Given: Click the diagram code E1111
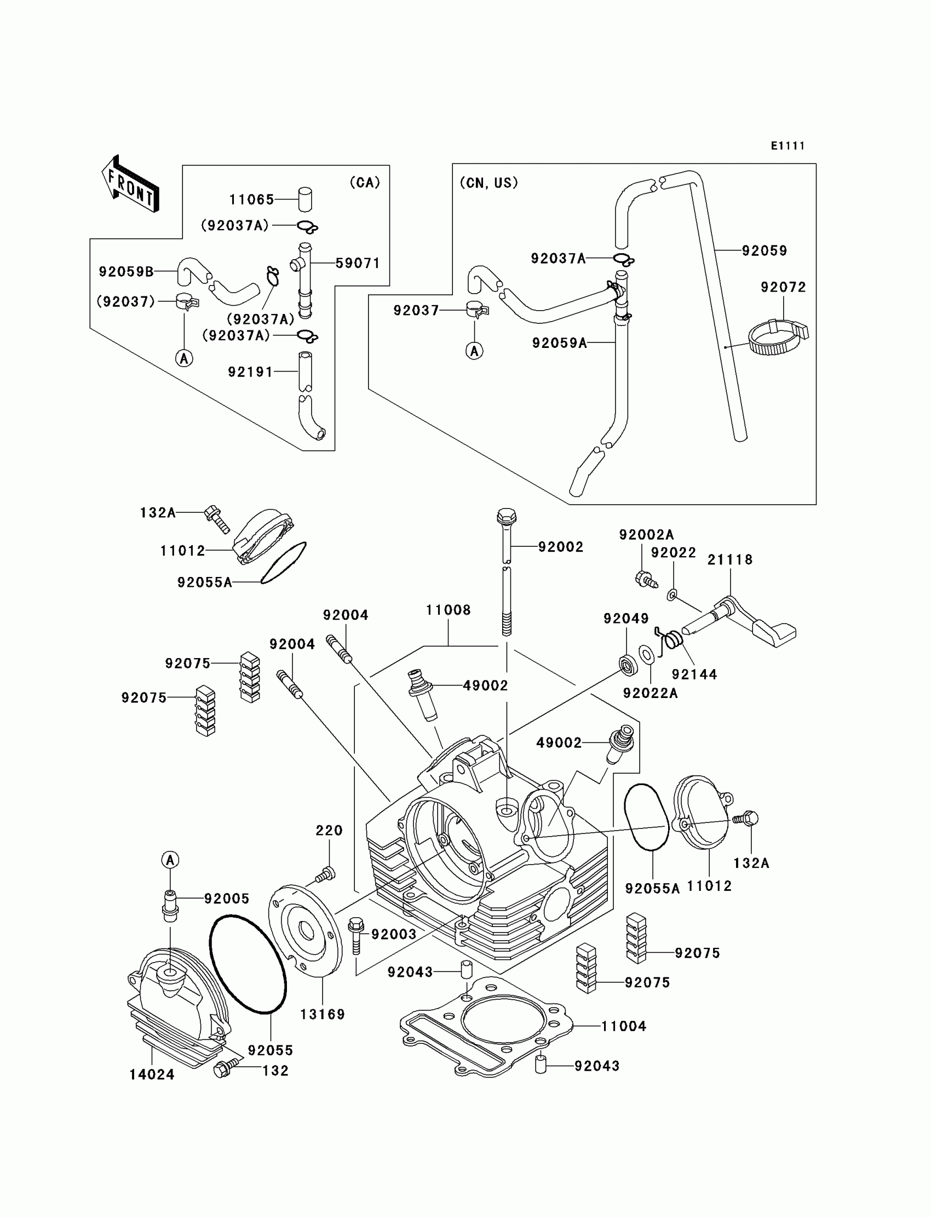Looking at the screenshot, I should pos(788,146).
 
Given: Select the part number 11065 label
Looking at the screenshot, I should pos(251,199).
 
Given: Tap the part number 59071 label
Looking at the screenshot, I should pos(358,263).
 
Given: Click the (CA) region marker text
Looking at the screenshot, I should pos(365,182).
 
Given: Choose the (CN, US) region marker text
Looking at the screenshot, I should pos(489,183).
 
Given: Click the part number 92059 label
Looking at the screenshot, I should pos(764,250).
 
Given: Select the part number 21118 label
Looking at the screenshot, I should pos(730,559).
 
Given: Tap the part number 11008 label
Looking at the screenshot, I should pos(448,610).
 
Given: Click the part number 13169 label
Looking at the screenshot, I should pos(322,1014).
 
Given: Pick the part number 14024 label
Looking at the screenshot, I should pos(152,1074).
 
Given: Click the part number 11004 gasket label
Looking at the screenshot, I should pos(623,1026).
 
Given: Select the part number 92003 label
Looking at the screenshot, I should pos(393,934).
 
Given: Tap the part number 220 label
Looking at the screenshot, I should pos(329,830).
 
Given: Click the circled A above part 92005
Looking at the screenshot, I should pos(170,860).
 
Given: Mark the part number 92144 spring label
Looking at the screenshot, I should pos(694,674).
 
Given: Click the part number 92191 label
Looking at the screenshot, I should pos(250,371).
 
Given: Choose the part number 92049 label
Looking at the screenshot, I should pos(625,618).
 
